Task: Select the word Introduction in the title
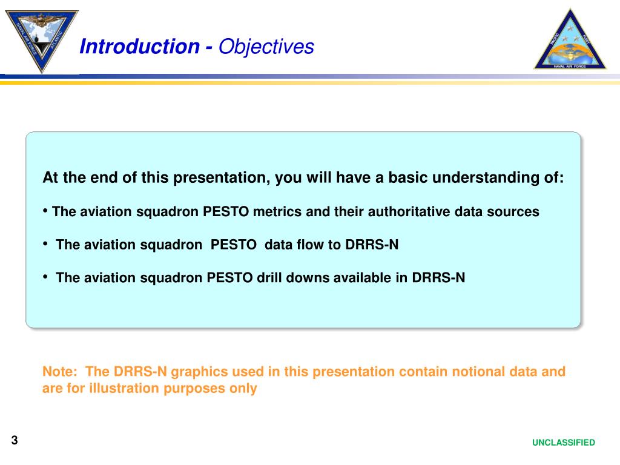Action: point(140,46)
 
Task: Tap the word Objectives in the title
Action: point(266,47)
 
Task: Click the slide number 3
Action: point(15,440)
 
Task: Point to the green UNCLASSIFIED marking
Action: point(564,443)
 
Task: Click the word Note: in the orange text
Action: point(60,371)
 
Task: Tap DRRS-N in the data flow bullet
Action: point(372,245)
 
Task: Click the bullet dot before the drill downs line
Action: point(45,277)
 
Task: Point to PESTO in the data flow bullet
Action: point(233,245)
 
